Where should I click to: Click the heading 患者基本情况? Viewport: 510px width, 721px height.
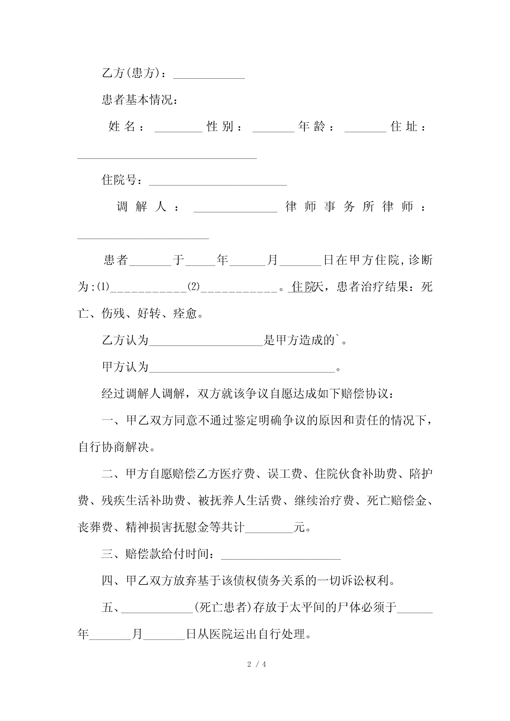[140, 100]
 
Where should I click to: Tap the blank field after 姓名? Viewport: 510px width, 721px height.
[178, 128]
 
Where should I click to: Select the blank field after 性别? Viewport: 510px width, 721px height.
[273, 128]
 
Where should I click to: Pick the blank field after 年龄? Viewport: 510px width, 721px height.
[365, 128]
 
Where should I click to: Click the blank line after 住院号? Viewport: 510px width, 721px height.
[218, 182]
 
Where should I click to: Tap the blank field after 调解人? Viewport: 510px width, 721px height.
[236, 209]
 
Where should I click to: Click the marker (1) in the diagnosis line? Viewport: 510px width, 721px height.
[103, 287]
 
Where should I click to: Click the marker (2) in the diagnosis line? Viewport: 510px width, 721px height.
[194, 287]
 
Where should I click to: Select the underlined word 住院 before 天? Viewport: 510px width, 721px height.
[302, 287]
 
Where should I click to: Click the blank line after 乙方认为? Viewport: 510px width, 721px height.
[206, 342]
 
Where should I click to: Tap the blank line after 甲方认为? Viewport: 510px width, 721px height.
[242, 369]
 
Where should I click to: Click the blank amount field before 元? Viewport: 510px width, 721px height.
[268, 529]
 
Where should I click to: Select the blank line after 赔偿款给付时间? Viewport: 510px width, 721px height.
[280, 556]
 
